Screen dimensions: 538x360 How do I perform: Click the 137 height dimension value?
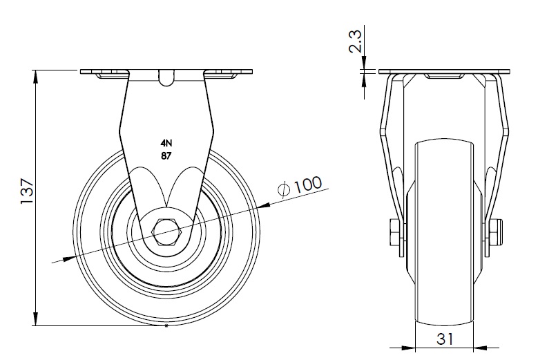(27, 191)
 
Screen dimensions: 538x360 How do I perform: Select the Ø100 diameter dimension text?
(300, 187)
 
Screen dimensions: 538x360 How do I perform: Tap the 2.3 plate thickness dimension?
(355, 41)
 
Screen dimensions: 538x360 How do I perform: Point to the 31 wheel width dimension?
(445, 339)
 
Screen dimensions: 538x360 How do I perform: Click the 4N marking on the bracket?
(166, 143)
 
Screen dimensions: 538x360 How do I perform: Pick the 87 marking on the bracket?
(166, 155)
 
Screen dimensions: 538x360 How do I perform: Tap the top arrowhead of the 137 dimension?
(36, 77)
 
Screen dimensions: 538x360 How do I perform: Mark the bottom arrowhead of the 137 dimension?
(36, 319)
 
